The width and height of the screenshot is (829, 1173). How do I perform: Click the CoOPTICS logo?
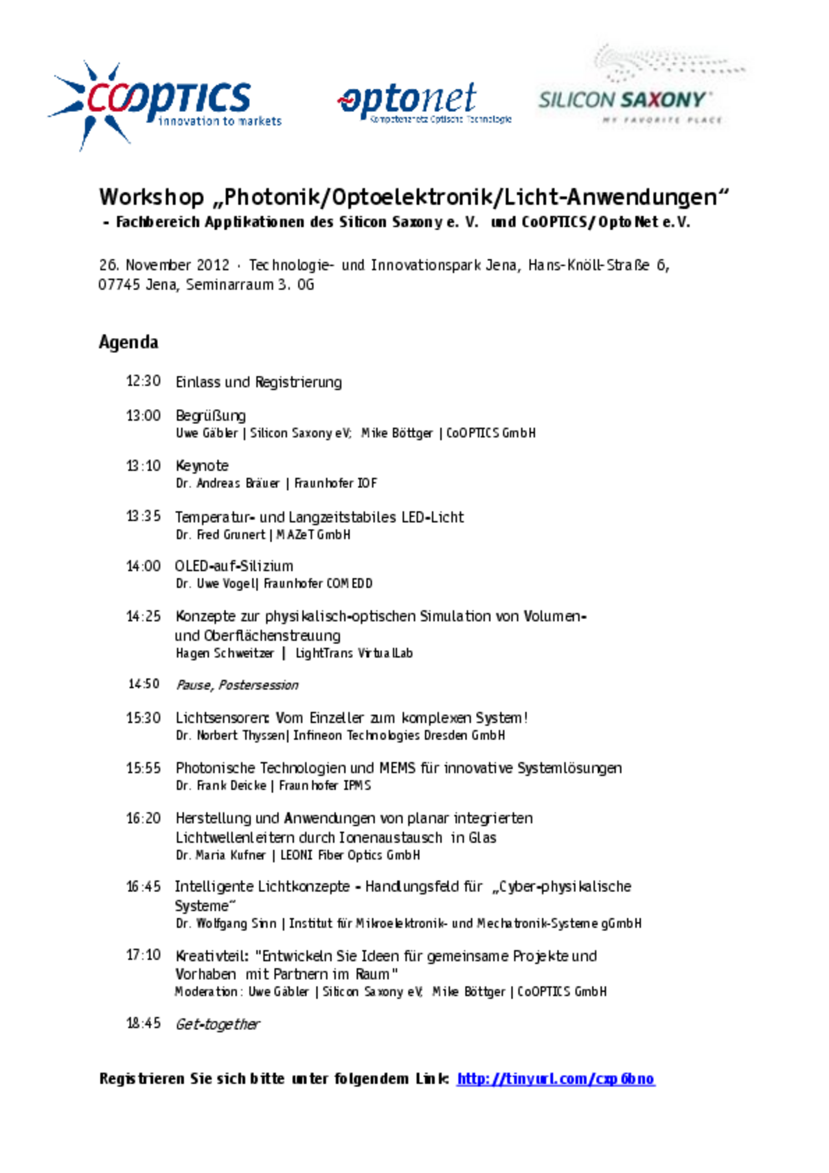pyautogui.click(x=165, y=104)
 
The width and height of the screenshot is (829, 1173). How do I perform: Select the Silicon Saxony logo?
pyautogui.click(x=638, y=87)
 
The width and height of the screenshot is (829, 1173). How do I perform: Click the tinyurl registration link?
pyautogui.click(x=556, y=1078)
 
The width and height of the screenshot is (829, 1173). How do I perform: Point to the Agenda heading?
pyautogui.click(x=128, y=342)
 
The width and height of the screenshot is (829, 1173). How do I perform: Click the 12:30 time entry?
pyautogui.click(x=143, y=381)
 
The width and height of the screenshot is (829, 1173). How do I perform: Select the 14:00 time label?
pyautogui.click(x=143, y=566)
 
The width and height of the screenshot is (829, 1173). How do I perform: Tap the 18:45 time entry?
pyautogui.click(x=143, y=1023)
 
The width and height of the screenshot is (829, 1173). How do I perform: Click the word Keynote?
pyautogui.click(x=202, y=466)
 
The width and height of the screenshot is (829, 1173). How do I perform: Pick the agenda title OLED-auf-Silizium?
pyautogui.click(x=234, y=566)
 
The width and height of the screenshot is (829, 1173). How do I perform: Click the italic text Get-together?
pyautogui.click(x=218, y=1024)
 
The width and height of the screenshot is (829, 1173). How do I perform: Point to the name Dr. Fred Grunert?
pyautogui.click(x=220, y=535)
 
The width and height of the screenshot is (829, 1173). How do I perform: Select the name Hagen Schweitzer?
pyautogui.click(x=225, y=653)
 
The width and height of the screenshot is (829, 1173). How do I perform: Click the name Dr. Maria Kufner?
pyautogui.click(x=220, y=855)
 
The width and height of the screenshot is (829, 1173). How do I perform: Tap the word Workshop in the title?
pyautogui.click(x=152, y=196)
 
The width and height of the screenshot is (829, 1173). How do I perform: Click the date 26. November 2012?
pyautogui.click(x=164, y=265)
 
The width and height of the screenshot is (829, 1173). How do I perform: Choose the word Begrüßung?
pyautogui.click(x=210, y=416)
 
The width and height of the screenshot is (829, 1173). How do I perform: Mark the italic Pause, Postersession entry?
pyautogui.click(x=237, y=685)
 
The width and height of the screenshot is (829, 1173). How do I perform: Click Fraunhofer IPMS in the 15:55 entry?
pyautogui.click(x=325, y=785)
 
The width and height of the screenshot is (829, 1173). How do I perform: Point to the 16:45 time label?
pyautogui.click(x=143, y=887)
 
